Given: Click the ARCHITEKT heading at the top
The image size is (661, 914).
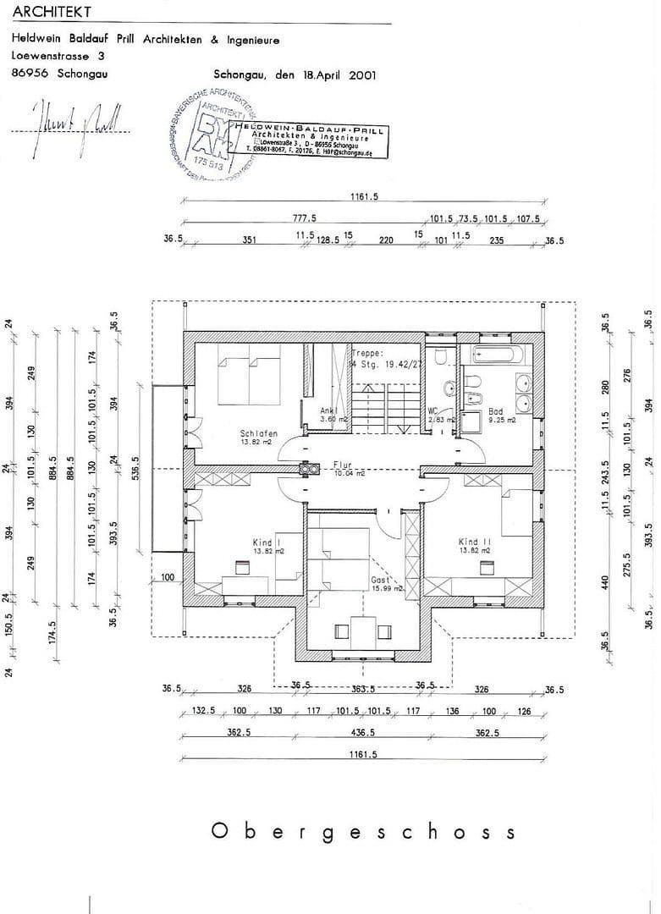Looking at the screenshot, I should [x=51, y=13].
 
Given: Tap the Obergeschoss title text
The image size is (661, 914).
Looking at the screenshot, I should [x=361, y=831].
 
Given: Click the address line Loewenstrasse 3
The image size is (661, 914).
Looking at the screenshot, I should [x=58, y=56].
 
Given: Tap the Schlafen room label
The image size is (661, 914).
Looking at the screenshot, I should [x=258, y=434].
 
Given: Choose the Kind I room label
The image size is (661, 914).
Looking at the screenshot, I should [x=267, y=542].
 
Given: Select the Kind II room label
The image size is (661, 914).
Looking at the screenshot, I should [x=475, y=542].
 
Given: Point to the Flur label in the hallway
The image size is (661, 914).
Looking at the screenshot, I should [x=342, y=465].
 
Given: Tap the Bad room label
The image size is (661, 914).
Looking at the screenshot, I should [x=495, y=411].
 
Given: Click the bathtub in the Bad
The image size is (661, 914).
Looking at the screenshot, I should [x=500, y=355].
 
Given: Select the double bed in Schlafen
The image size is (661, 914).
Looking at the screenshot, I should [x=249, y=380].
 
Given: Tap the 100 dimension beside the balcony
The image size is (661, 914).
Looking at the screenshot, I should [x=166, y=577].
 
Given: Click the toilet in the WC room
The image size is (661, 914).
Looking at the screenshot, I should [x=439, y=358].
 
